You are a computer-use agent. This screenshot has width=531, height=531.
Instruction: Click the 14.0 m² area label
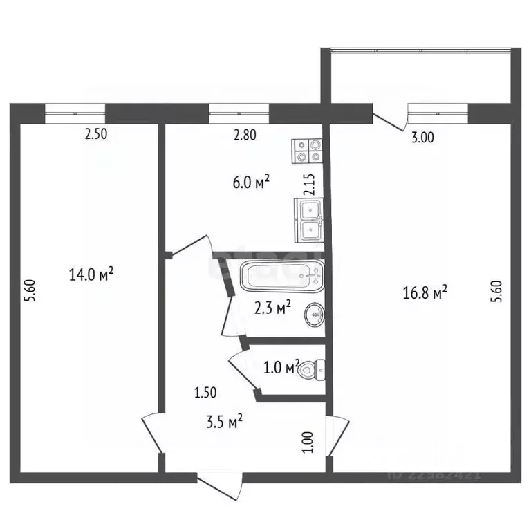pos(91,275)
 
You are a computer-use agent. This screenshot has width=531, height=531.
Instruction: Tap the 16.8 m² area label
pos(425,293)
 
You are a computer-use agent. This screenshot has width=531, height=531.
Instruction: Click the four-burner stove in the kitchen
pos(308,150)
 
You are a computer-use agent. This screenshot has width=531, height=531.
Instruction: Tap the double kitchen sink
pos(309,219)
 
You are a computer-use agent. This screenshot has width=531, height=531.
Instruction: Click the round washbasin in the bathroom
pos(316,316)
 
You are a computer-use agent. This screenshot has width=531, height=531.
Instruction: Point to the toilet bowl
pos(313,370)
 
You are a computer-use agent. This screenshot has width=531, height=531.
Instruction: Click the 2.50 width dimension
pos(95,136)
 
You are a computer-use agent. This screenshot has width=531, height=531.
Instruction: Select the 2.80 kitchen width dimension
pos(245,136)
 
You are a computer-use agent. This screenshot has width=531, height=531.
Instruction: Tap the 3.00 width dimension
pos(422,138)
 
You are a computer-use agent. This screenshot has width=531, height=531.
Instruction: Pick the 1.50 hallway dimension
pos(206,393)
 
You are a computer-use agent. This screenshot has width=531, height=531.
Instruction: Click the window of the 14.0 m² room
pos(75,109)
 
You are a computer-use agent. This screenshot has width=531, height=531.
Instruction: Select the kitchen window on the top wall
pos(239,109)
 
